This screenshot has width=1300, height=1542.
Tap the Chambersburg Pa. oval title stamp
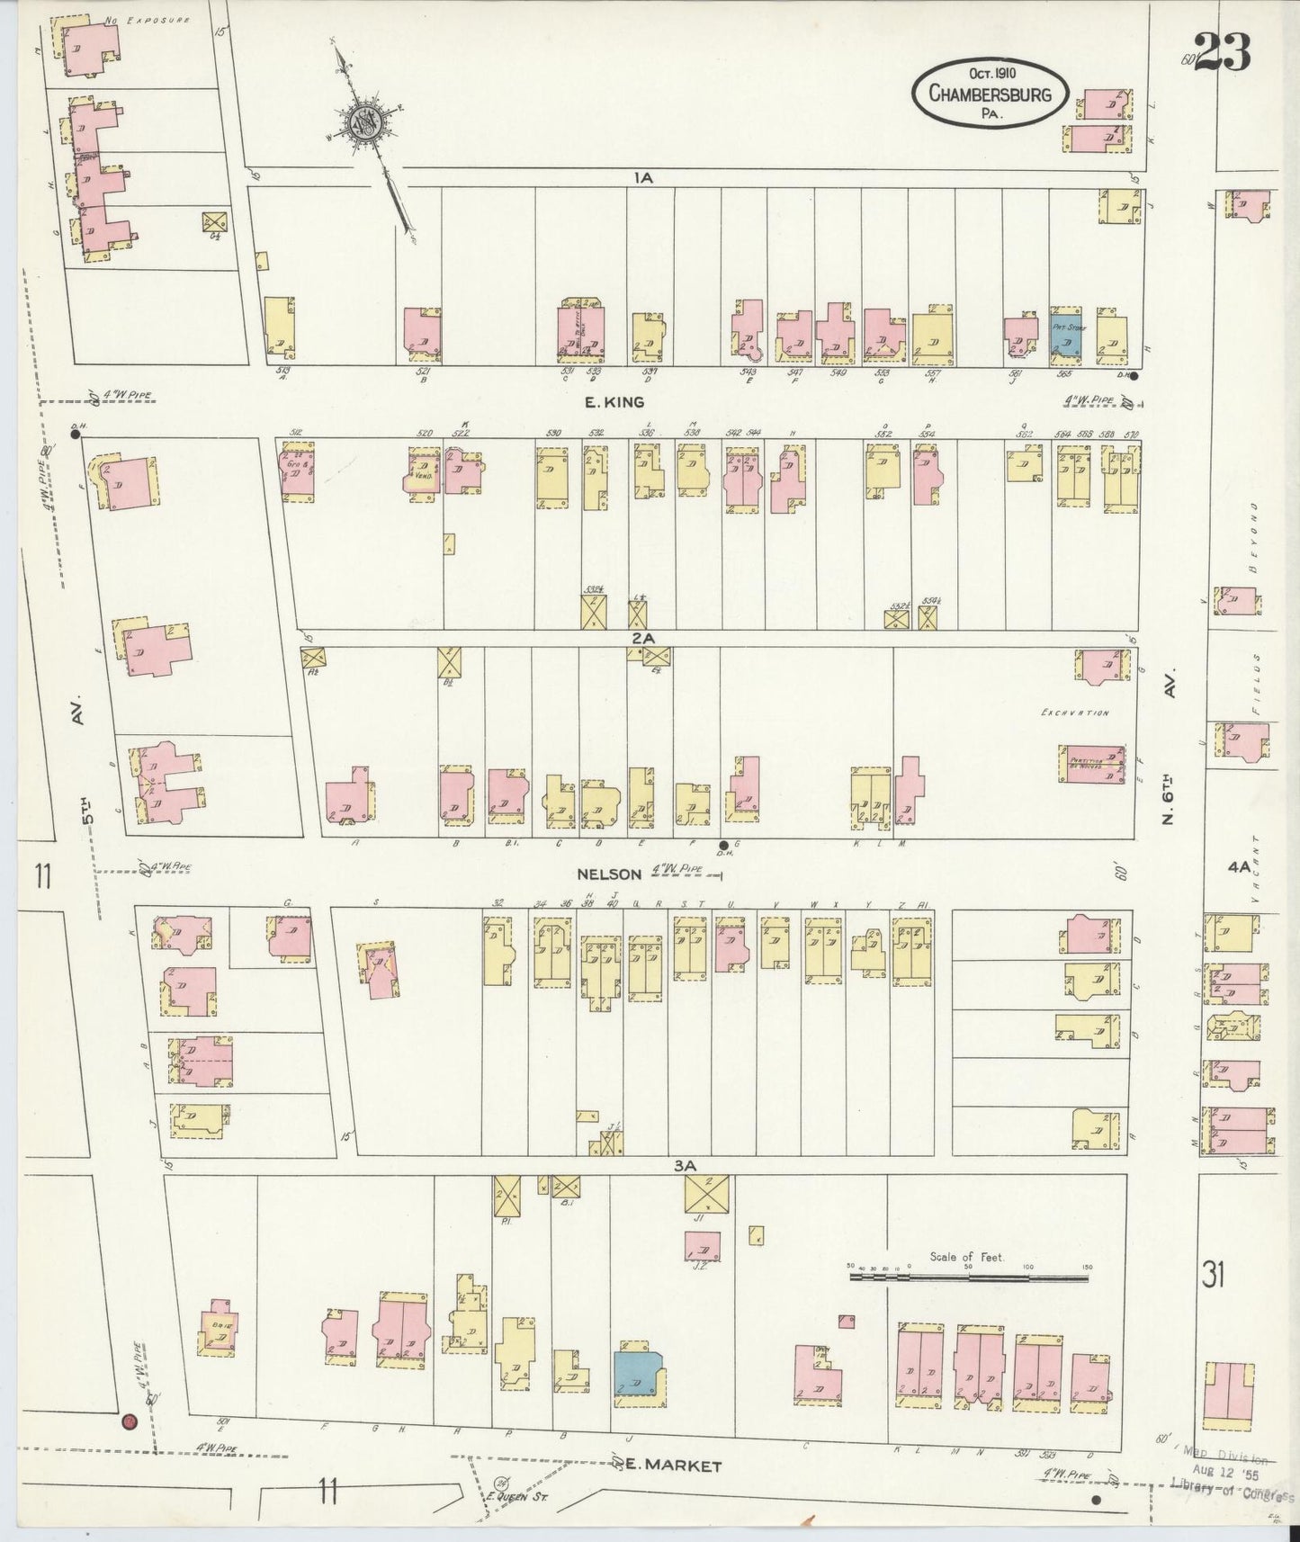990,92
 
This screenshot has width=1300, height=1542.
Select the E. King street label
614,402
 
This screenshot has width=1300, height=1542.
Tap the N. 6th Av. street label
1169,751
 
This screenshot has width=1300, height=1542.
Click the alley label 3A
686,1165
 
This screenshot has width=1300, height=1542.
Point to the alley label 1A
641,178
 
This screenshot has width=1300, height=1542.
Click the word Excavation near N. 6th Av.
1074,713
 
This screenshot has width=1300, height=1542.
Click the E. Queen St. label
530,1499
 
